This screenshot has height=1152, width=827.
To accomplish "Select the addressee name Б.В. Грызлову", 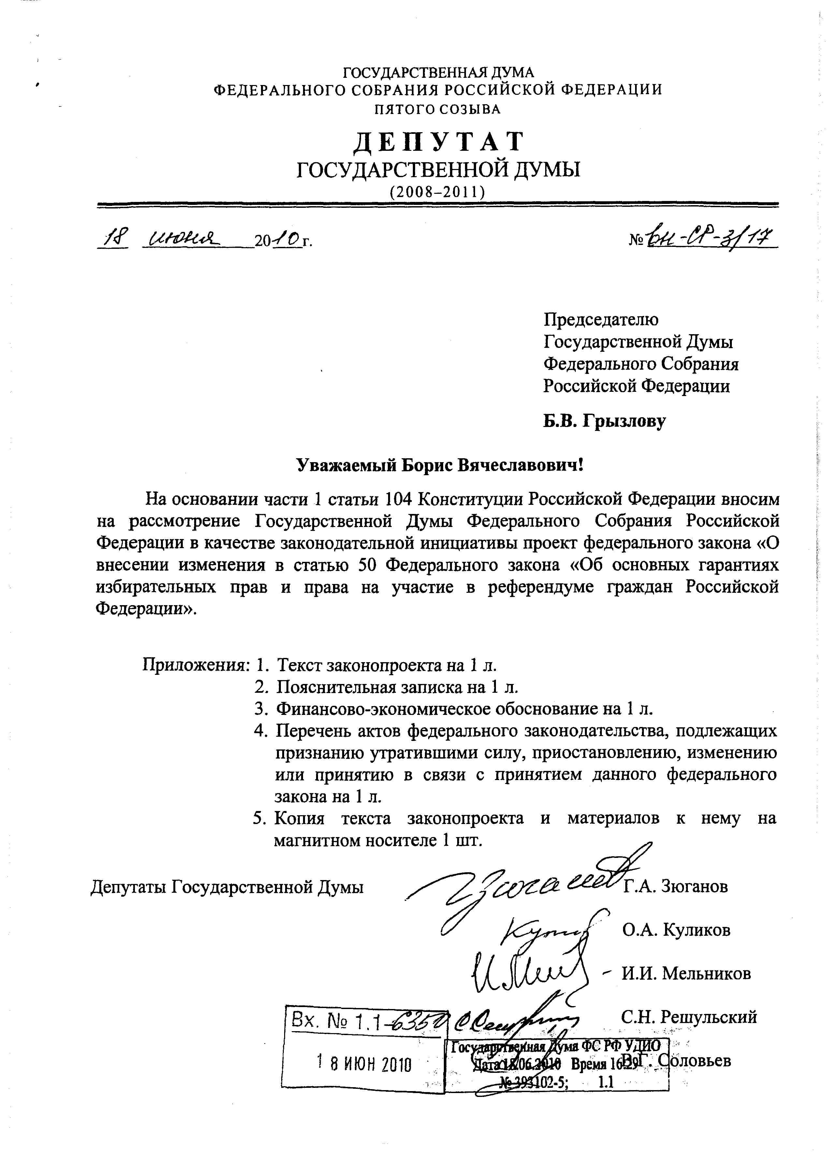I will pyautogui.click(x=604, y=421).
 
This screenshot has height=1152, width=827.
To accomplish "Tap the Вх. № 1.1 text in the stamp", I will pyautogui.click(x=336, y=1021).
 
